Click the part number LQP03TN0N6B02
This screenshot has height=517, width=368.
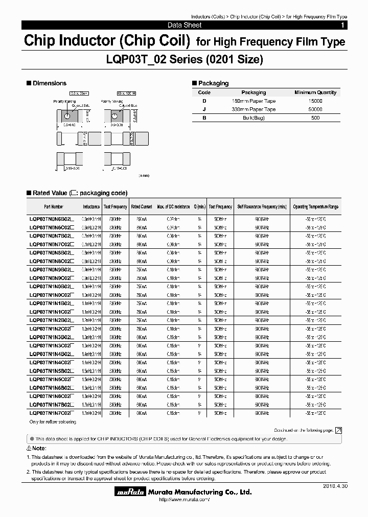(x=51, y=218)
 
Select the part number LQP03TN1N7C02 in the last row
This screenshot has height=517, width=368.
(x=51, y=412)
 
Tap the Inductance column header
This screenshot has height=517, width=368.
(x=91, y=207)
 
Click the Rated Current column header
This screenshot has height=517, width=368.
(x=142, y=207)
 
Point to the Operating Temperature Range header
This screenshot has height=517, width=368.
(x=315, y=207)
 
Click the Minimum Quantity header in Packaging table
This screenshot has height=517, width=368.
(x=315, y=92)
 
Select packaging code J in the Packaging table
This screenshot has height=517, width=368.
(x=204, y=109)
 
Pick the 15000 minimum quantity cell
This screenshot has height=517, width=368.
(x=315, y=101)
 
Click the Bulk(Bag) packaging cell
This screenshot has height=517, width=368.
(x=254, y=118)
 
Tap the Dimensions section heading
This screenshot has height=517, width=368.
(x=49, y=83)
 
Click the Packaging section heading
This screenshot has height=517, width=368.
(x=213, y=83)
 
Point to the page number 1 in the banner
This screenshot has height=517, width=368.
(x=342, y=25)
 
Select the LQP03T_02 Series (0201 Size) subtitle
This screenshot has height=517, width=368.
(x=184, y=60)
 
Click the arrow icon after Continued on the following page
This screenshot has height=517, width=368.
(x=338, y=431)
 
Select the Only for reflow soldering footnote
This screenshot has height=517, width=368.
(x=53, y=422)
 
